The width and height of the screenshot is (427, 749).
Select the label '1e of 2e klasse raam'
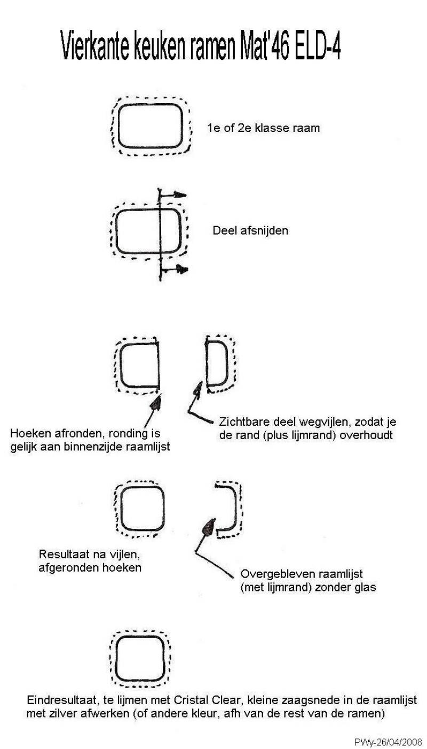pos(263,128)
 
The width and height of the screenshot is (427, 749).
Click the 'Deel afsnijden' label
pos(250,231)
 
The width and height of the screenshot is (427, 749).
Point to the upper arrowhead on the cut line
pos(181,194)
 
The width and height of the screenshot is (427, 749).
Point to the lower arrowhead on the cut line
pos(182,269)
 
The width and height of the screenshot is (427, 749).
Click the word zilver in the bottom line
pos(62,713)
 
